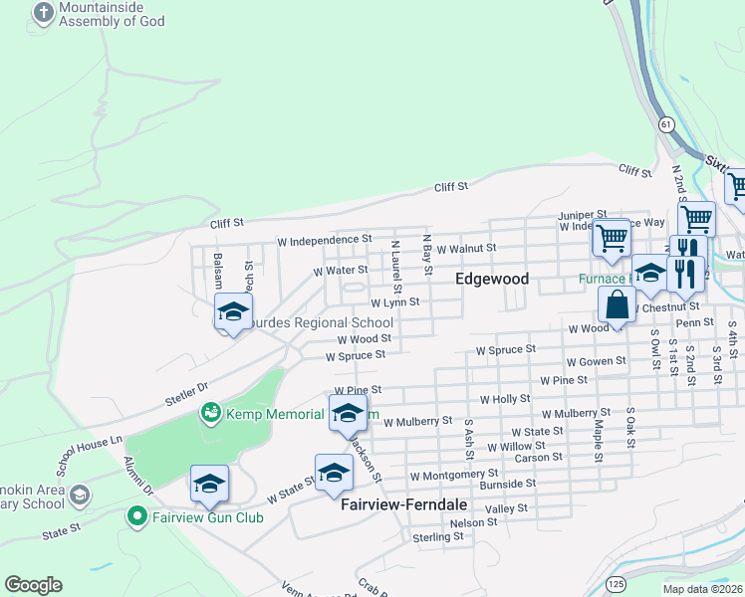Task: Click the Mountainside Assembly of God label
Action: (x=112, y=14)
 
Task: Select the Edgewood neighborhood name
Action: (x=492, y=279)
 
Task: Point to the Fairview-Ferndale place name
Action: (x=404, y=504)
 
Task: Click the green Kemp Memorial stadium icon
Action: (x=210, y=412)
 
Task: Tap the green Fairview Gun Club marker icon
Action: (x=137, y=516)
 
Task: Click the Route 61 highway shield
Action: (x=665, y=124)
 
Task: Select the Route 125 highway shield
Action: (x=617, y=582)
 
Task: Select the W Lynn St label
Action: (x=395, y=302)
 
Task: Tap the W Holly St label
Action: (x=505, y=399)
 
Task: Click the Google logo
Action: (x=33, y=585)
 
